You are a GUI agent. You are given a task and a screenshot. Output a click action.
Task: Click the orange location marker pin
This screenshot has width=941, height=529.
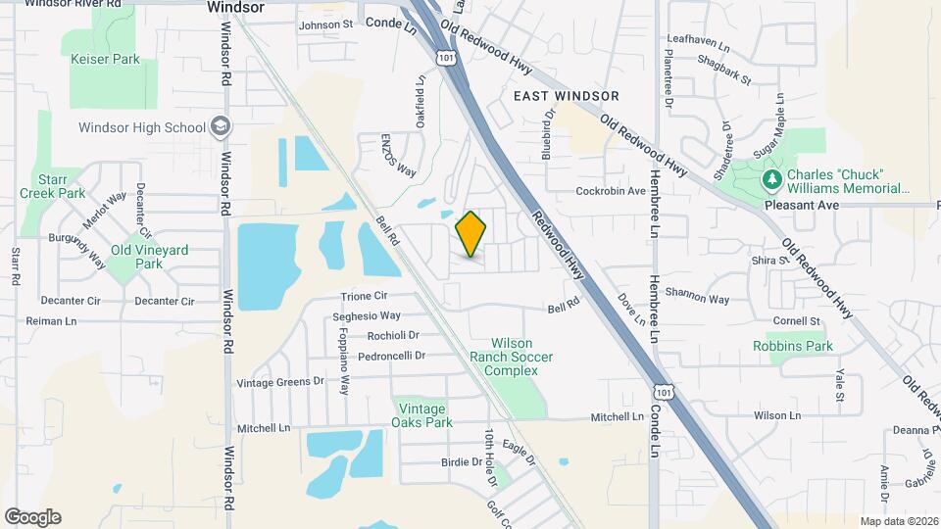pos(471,234)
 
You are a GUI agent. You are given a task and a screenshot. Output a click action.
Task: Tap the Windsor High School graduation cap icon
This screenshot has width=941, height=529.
pos(223,126)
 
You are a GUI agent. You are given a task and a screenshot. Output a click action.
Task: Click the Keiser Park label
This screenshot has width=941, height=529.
pos(106,59)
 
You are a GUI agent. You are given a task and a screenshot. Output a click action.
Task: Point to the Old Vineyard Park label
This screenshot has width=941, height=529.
pos(149,257)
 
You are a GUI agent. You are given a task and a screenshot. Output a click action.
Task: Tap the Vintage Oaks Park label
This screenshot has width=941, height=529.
pos(424,415)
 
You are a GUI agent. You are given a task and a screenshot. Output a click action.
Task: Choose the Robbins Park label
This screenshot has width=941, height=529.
pos(792,346)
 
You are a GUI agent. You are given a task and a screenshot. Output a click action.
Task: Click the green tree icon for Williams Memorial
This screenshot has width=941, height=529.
pos(770,180)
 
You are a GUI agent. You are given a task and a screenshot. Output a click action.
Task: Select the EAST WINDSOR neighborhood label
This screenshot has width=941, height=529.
pos(567,96)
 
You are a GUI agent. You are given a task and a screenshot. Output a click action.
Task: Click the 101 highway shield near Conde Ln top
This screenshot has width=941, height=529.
pos(446,58)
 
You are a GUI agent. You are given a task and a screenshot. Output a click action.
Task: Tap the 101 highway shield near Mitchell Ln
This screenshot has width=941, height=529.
pos(666,393)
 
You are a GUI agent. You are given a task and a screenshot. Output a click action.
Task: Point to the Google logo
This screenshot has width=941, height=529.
pos(32,517)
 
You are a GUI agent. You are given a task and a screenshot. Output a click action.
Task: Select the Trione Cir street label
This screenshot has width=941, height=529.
pos(365,295)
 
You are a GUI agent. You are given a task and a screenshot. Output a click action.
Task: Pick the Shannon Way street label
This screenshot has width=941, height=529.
pos(697,298)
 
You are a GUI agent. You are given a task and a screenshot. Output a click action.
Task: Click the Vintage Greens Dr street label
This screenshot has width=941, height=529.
pos(279,381)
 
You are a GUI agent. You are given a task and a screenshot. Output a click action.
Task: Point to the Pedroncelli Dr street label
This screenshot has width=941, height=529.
pos(390,356)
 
